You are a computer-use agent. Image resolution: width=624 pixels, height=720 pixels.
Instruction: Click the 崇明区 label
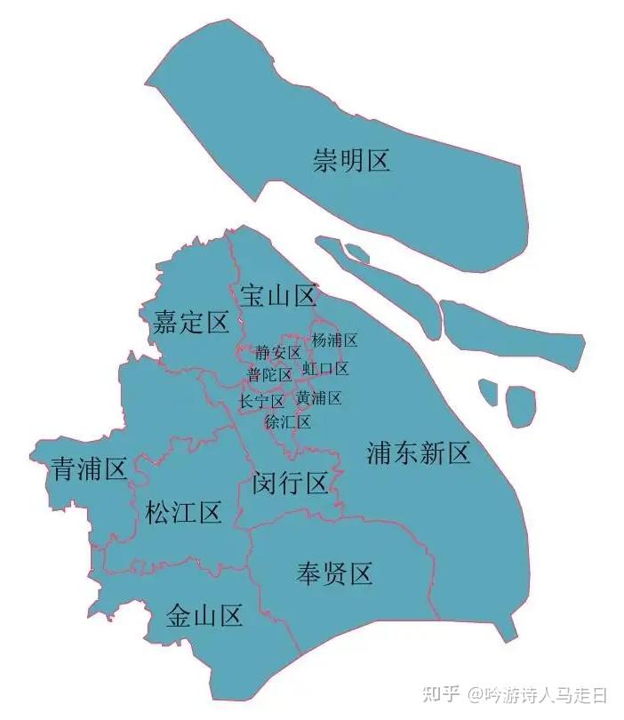[351, 161]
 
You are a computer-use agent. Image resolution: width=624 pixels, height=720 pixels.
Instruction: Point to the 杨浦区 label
[334, 340]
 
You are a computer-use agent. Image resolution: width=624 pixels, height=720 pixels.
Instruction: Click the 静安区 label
[278, 353]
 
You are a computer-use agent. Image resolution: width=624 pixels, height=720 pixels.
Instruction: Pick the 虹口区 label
[325, 368]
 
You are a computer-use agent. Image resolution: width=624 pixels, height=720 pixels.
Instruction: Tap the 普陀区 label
[270, 375]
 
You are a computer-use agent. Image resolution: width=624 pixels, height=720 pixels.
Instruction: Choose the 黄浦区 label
[318, 397]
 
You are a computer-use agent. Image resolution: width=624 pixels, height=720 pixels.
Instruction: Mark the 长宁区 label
[262, 402]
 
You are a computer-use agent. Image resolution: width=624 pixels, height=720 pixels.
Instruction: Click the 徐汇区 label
[288, 421]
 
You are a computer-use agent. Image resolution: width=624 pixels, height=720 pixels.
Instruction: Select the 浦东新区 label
[418, 454]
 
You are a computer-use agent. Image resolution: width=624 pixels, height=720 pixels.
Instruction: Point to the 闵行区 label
[290, 484]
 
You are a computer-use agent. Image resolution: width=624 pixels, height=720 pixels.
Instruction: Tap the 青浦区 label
[90, 468]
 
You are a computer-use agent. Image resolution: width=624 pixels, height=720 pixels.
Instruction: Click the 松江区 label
[183, 513]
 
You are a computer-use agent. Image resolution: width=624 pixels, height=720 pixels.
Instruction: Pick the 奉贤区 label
[333, 573]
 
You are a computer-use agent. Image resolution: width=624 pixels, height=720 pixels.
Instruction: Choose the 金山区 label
[204, 615]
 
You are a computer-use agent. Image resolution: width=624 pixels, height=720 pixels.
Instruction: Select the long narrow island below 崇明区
[380, 278]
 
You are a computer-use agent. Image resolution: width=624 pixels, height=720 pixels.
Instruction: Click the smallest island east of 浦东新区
[487, 390]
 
